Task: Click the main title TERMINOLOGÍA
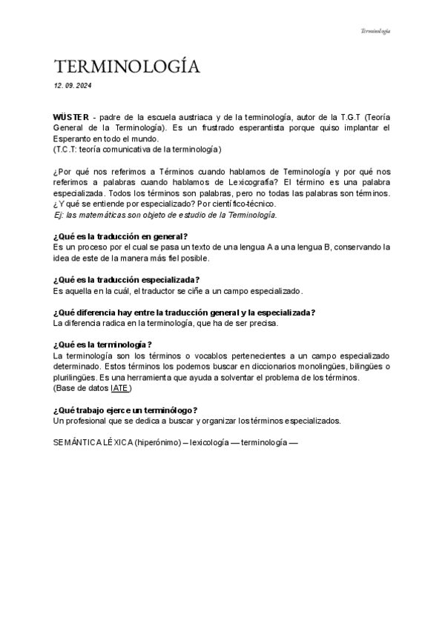[127, 67]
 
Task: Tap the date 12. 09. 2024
[73, 87]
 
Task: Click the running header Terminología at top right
[375, 31]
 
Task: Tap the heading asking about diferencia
[184, 313]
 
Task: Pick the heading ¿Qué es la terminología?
[103, 345]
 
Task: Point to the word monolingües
[296, 367]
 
